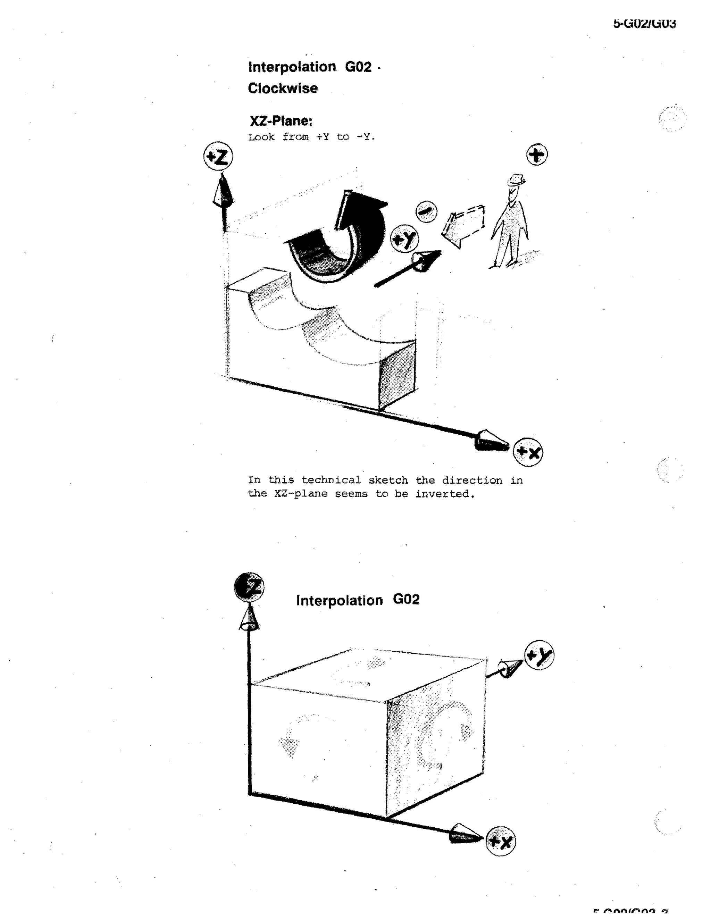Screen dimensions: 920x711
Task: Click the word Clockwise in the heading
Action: coord(283,89)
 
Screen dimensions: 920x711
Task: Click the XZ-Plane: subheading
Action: coord(281,121)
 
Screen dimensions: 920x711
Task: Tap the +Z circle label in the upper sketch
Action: coord(218,156)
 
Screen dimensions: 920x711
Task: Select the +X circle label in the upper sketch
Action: coord(528,452)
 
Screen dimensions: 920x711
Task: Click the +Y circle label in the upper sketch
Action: coord(404,239)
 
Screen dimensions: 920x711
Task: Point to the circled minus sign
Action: coord(426,211)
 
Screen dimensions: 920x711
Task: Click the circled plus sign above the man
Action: coord(537,154)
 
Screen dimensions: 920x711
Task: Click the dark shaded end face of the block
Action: coord(397,374)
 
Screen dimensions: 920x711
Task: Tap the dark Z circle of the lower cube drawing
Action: coord(249,587)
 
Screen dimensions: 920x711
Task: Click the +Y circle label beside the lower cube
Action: coord(539,655)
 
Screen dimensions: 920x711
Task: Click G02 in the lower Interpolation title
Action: coord(406,600)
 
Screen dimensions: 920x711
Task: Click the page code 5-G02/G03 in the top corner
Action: coord(644,24)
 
